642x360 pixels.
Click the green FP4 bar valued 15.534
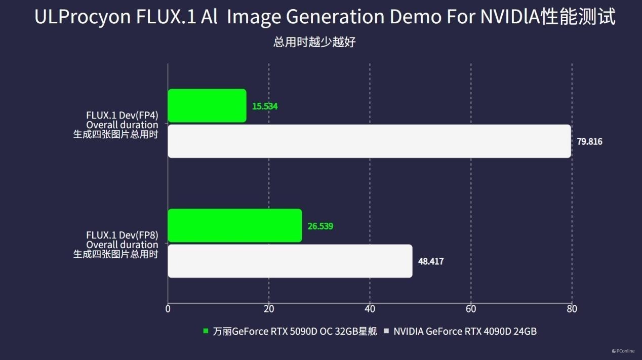[x=207, y=106]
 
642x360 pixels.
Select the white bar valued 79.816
[x=370, y=141]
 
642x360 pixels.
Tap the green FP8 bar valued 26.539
[x=234, y=225]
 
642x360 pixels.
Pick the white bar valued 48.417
[x=290, y=261]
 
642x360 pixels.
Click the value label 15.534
[x=265, y=106]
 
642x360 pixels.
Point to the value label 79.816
[x=590, y=141]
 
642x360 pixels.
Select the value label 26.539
[x=320, y=226]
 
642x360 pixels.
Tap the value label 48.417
[x=431, y=261]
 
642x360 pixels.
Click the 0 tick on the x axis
[x=168, y=309]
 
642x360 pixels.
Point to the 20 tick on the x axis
[x=269, y=309]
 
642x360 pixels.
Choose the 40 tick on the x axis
[x=370, y=309]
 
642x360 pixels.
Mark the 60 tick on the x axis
[x=471, y=309]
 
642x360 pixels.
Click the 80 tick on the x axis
[x=572, y=309]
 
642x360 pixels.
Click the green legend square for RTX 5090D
[x=206, y=331]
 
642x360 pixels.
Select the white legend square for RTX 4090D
[x=386, y=331]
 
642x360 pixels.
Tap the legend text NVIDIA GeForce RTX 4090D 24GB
[x=465, y=332]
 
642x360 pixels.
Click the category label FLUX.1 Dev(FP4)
[x=122, y=115]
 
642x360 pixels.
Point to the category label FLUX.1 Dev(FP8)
[x=122, y=235]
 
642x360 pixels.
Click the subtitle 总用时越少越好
[x=314, y=43]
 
